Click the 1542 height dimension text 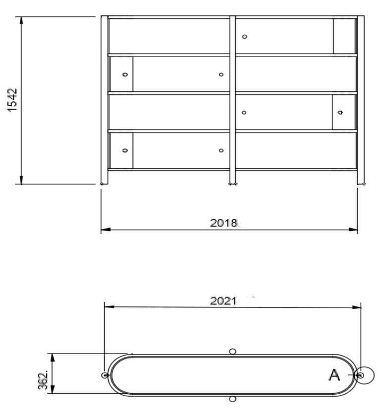point(12,100)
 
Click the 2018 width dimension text point(224,223)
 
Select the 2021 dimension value point(223,301)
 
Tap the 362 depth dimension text point(43,380)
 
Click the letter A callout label point(334,375)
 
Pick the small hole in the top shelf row point(245,37)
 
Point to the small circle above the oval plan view point(233,351)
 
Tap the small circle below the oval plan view point(233,399)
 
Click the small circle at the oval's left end point(105,375)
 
